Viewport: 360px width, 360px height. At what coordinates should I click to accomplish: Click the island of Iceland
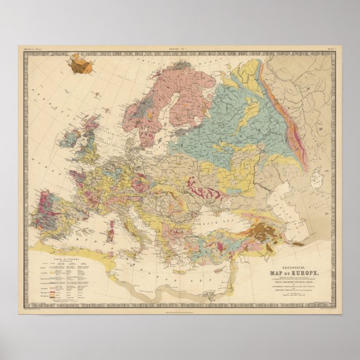tap(82, 65)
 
